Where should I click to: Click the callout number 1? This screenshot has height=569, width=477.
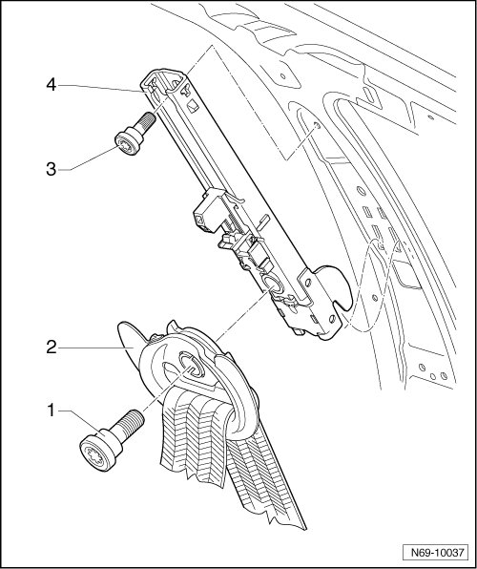[51, 411]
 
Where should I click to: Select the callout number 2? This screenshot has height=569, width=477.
[52, 348]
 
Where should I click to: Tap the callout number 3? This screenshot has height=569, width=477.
[52, 170]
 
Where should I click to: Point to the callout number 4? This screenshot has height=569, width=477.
[52, 85]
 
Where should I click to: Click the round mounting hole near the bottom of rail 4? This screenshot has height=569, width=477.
[273, 284]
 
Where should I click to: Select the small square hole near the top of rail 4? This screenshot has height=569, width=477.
[193, 106]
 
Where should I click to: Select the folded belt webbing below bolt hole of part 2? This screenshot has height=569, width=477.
[194, 432]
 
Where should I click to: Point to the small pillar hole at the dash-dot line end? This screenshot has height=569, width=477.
[317, 126]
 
